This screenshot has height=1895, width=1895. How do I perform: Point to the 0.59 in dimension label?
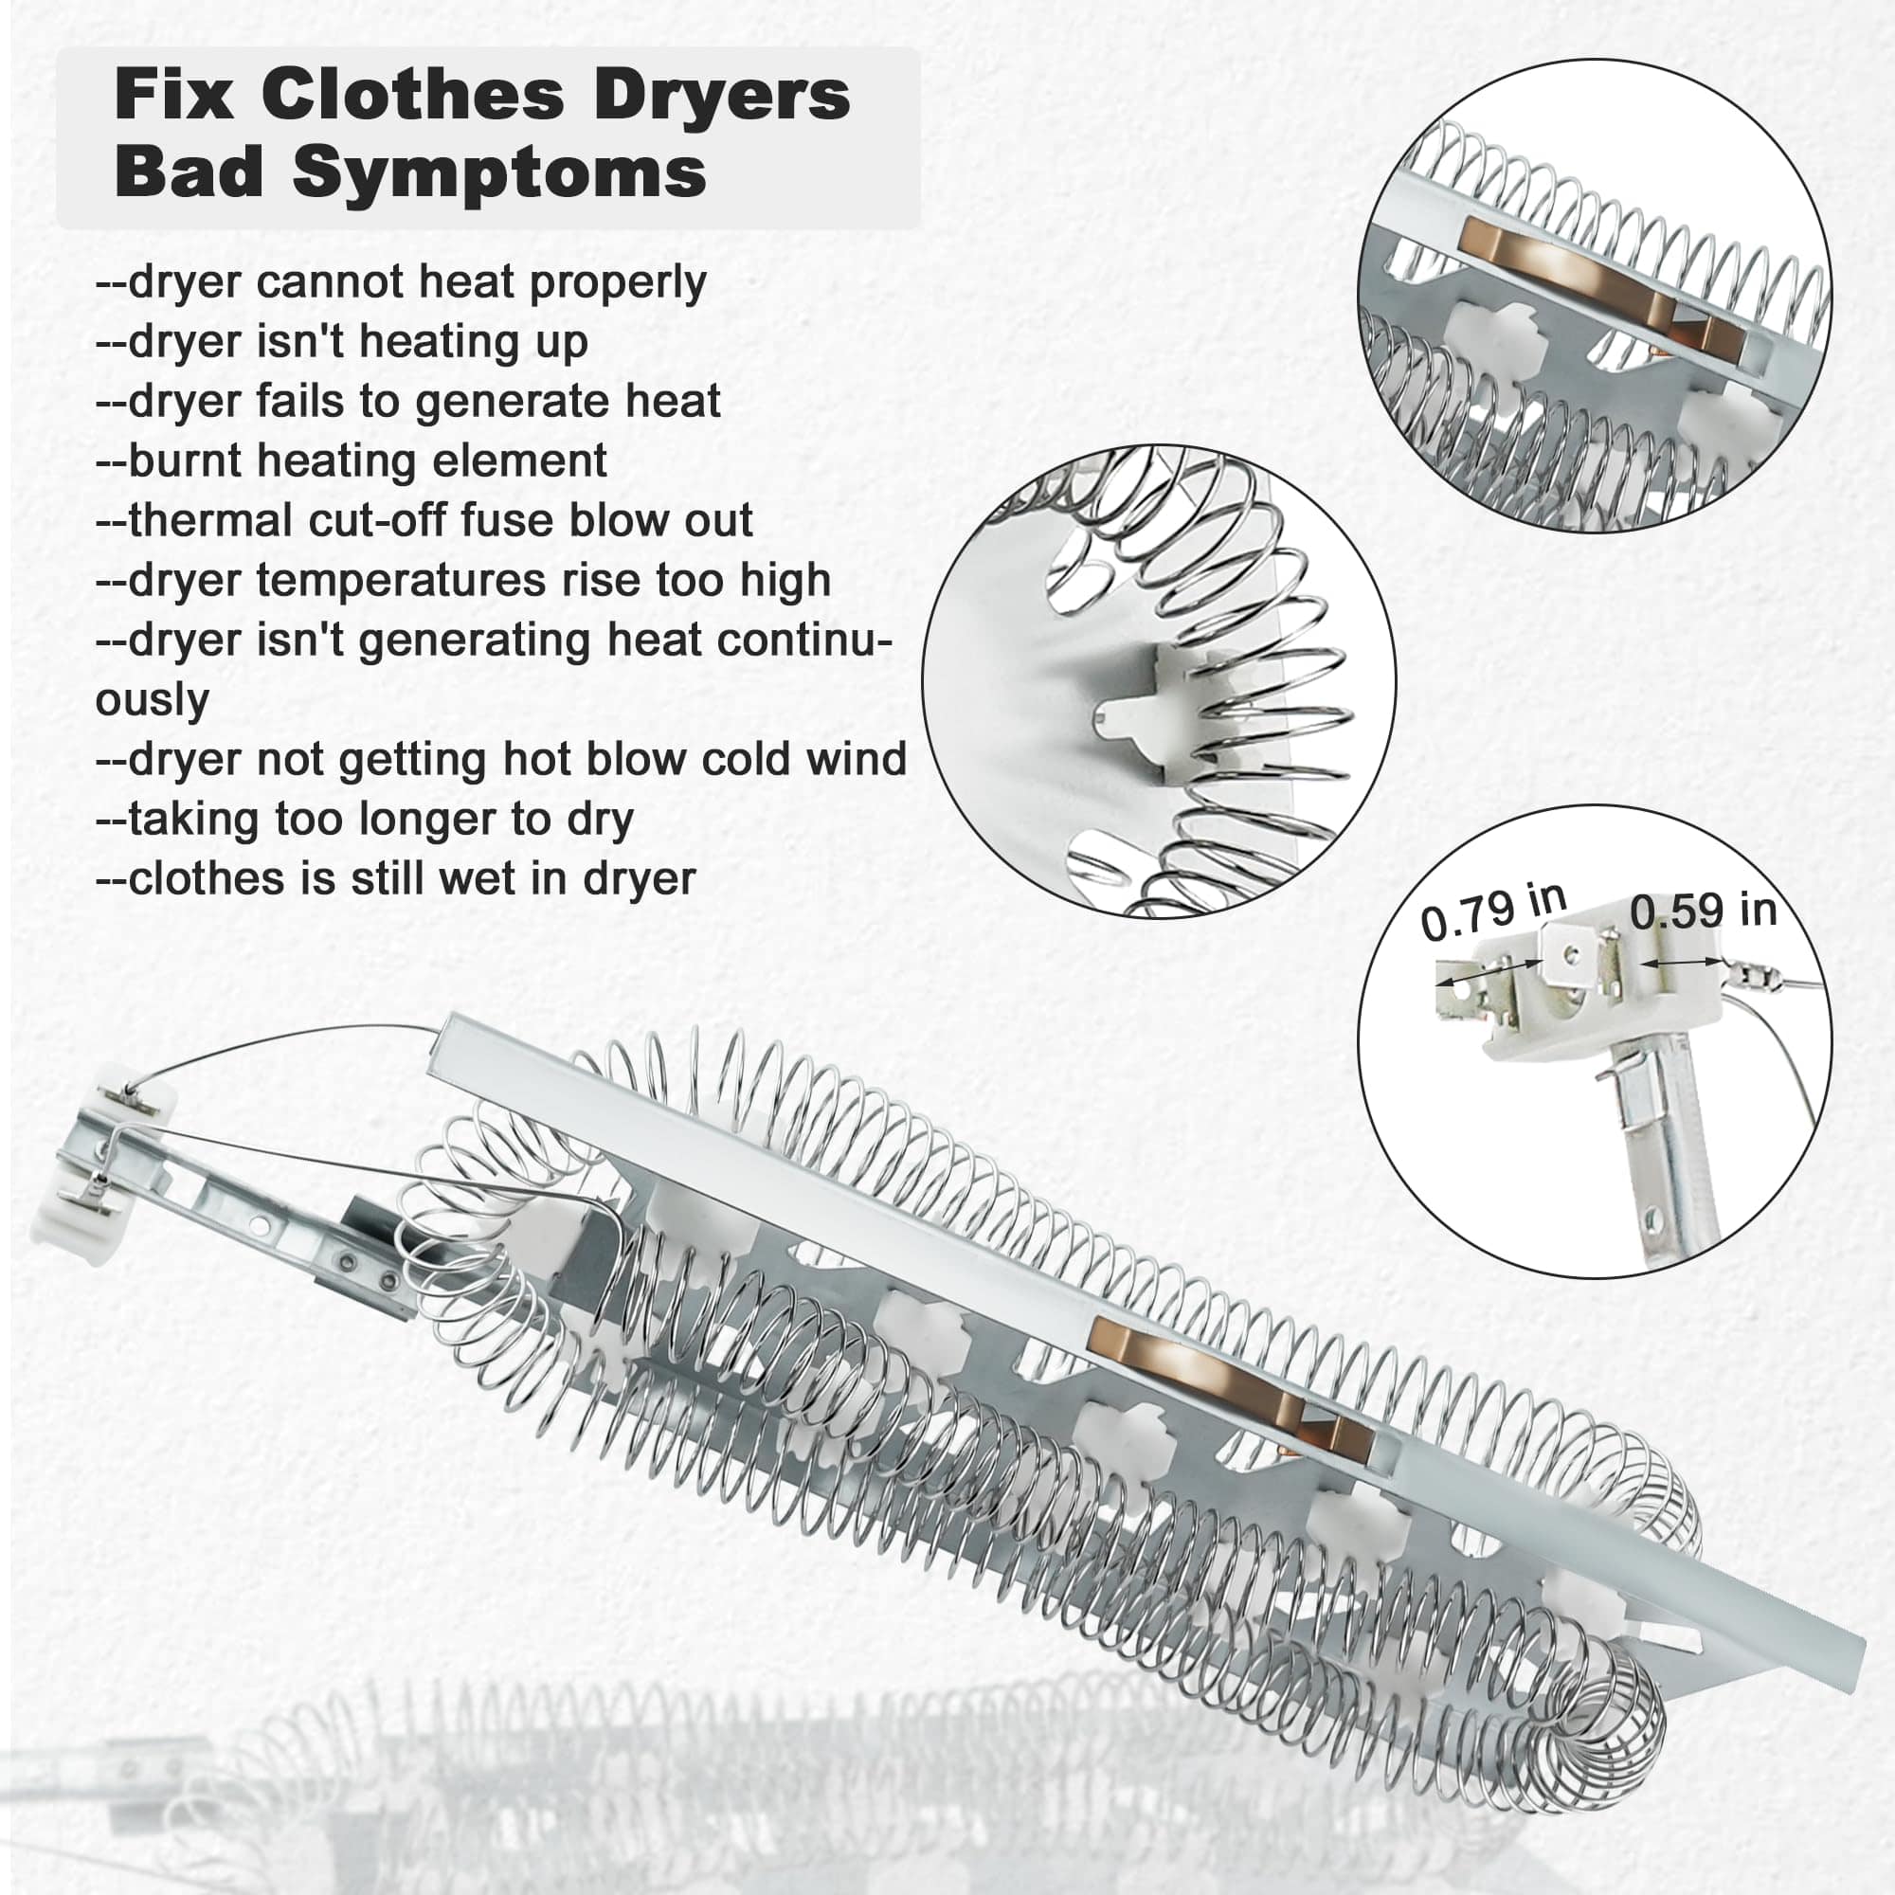click(1704, 911)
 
